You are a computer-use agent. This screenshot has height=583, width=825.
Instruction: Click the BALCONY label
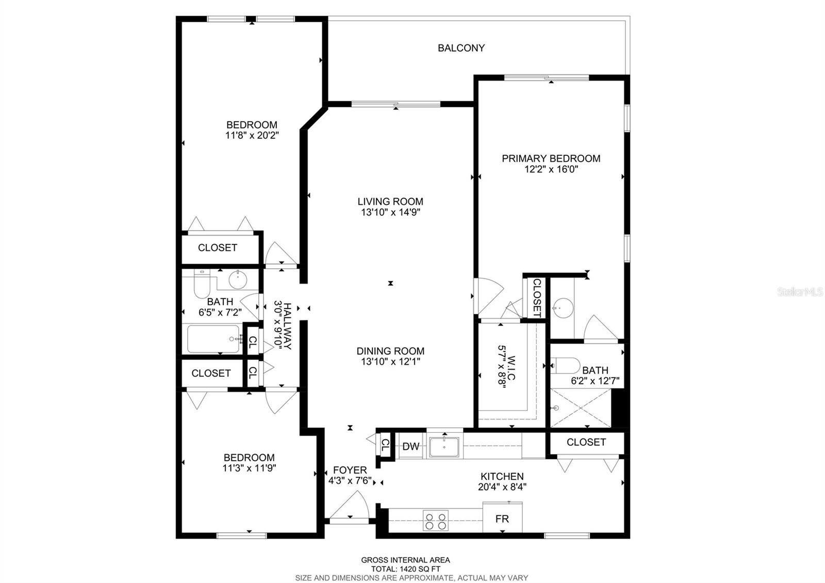461,48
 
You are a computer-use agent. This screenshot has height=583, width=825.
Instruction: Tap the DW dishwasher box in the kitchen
410,447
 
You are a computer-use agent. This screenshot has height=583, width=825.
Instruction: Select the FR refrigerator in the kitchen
502,518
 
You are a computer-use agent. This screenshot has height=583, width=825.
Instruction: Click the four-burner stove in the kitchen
435,521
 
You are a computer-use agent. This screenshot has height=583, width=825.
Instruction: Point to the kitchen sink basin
444,447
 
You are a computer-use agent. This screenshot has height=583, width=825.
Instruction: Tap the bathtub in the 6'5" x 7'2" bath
212,339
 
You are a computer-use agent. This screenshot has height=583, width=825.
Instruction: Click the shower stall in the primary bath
581,408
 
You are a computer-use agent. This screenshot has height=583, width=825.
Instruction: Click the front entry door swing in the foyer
350,506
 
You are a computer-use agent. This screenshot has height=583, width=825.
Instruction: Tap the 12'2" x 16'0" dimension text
551,169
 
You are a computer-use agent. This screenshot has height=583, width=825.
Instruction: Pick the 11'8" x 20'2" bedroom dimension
252,136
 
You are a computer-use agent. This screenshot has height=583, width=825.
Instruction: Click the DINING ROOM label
390,351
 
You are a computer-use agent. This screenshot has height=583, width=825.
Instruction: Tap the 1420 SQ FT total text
405,569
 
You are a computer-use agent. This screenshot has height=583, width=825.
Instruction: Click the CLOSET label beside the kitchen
586,442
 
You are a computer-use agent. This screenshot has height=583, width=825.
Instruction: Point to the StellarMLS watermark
800,292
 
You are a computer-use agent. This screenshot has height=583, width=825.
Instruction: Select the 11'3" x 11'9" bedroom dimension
249,468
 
